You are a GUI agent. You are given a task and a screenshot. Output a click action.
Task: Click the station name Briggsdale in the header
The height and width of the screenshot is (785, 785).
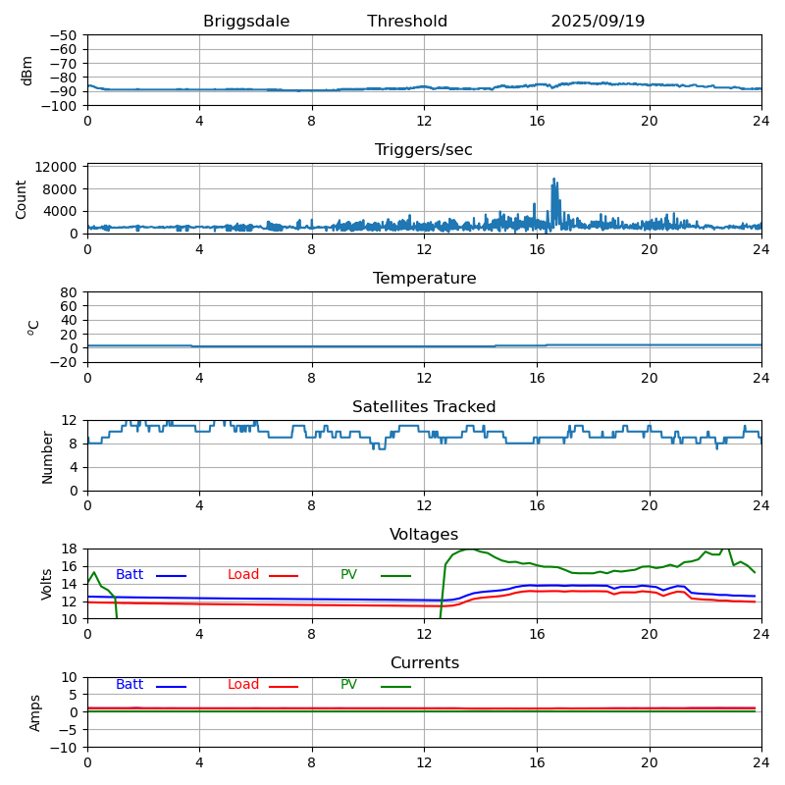pos(246,22)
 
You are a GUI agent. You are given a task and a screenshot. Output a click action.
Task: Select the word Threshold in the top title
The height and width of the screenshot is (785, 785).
pos(407,22)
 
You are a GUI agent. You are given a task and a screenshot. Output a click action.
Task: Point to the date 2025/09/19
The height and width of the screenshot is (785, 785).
pos(598,22)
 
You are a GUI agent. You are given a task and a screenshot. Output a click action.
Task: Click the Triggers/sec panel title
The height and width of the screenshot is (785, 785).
pos(424,150)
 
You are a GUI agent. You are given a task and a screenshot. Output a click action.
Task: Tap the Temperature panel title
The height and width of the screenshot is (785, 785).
pos(424,279)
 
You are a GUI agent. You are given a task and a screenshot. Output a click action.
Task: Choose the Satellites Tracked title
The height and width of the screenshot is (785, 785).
pos(424,407)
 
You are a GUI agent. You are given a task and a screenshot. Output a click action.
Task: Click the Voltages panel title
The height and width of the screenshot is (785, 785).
pos(424,535)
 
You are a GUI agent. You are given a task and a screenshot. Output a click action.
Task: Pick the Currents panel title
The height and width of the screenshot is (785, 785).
pos(424,663)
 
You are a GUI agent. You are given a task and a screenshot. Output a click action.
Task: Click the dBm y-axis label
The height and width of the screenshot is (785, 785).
pos(27,71)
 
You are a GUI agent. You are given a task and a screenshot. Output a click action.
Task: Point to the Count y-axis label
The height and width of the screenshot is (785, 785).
pos(22,198)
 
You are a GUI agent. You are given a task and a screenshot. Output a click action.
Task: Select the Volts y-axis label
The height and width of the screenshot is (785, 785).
pos(47,584)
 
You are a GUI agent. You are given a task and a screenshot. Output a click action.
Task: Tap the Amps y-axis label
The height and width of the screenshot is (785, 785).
pos(35,712)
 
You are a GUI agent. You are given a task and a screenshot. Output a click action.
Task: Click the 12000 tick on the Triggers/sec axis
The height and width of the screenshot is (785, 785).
pos(59,168)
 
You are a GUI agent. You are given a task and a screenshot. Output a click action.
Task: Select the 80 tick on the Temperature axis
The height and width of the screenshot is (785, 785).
pos(70,292)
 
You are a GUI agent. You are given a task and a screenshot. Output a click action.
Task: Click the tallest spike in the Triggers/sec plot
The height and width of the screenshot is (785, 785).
pos(554,180)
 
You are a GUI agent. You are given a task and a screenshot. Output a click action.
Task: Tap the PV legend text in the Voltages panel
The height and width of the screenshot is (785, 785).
pos(348,575)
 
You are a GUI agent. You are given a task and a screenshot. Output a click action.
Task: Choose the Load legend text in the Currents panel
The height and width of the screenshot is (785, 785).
pos(243,685)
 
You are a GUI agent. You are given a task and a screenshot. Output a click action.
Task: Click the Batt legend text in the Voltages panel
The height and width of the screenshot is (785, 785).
pos(130,575)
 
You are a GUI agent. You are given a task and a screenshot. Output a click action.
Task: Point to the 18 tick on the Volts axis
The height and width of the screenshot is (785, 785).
pos(70,549)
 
